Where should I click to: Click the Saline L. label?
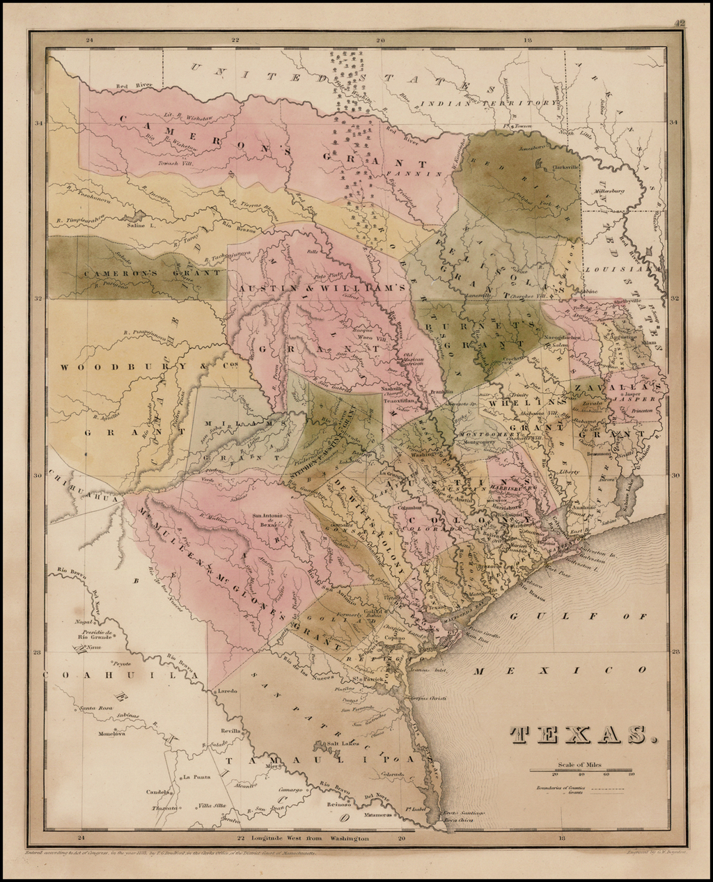(x=140, y=225)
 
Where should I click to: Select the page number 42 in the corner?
(x=679, y=23)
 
